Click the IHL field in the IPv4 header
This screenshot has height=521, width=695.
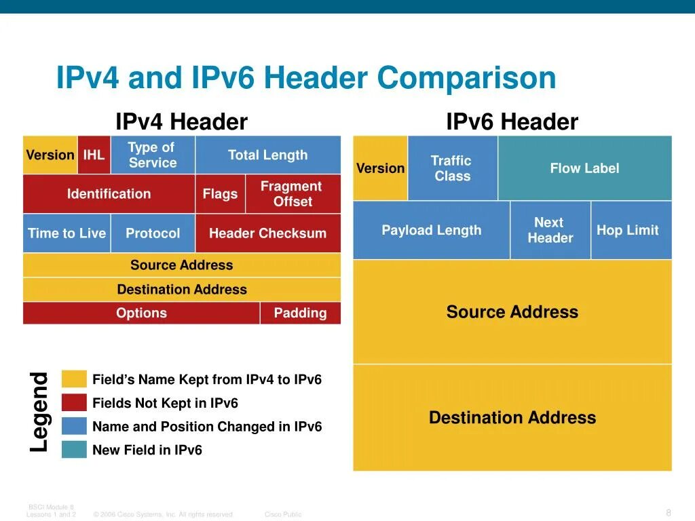94,155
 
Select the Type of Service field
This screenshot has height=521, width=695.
152,155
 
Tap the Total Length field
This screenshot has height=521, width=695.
267,155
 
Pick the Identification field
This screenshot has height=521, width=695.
109,194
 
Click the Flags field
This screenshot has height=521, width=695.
220,194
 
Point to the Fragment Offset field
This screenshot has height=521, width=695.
292,194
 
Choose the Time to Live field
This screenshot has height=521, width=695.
67,233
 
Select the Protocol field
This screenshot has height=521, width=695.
153,233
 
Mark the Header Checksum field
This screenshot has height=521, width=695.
267,233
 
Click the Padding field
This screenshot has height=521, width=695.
300,313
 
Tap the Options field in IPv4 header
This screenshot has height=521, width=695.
141,313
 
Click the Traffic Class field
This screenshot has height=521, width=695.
452,168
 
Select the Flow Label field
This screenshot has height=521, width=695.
584,168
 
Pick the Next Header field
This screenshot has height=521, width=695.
550,230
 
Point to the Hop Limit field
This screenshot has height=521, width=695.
628,230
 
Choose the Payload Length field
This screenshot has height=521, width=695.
431,230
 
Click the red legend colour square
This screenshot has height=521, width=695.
74,403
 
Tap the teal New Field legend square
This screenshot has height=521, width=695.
74,450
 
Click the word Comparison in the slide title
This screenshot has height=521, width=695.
467,78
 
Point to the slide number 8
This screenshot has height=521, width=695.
669,512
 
